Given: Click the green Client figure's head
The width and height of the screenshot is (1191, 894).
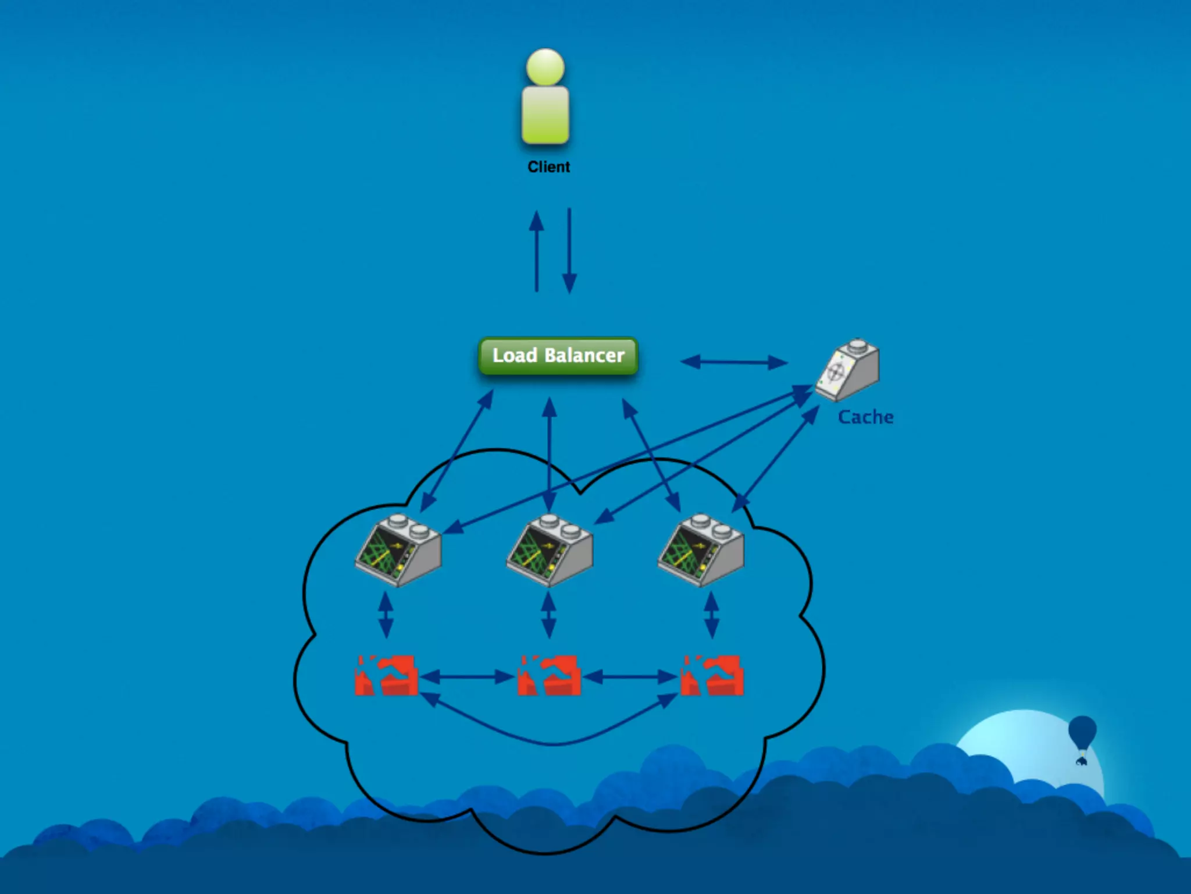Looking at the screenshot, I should click(545, 66).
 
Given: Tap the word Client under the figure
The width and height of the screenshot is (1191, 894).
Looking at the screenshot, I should click(548, 167).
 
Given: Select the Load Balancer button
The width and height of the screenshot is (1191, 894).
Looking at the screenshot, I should click(558, 355).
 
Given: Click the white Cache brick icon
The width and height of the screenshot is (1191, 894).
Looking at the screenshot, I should click(848, 370).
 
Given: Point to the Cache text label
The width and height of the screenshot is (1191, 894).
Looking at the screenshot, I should click(865, 417).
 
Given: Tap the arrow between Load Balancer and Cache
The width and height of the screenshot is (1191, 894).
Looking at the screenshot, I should click(734, 363).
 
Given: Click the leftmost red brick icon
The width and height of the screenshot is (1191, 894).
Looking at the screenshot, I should click(387, 676).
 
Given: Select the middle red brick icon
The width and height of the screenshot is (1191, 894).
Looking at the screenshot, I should click(549, 676).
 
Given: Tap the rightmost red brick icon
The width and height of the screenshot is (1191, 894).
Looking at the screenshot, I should click(712, 676).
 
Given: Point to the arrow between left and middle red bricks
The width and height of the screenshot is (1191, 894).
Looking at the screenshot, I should click(467, 677).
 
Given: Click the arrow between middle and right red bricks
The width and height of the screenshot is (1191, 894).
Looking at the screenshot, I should click(630, 677).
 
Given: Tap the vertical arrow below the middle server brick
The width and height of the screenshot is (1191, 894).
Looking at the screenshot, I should click(548, 615).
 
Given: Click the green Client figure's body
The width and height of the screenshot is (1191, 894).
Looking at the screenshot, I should click(545, 115).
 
